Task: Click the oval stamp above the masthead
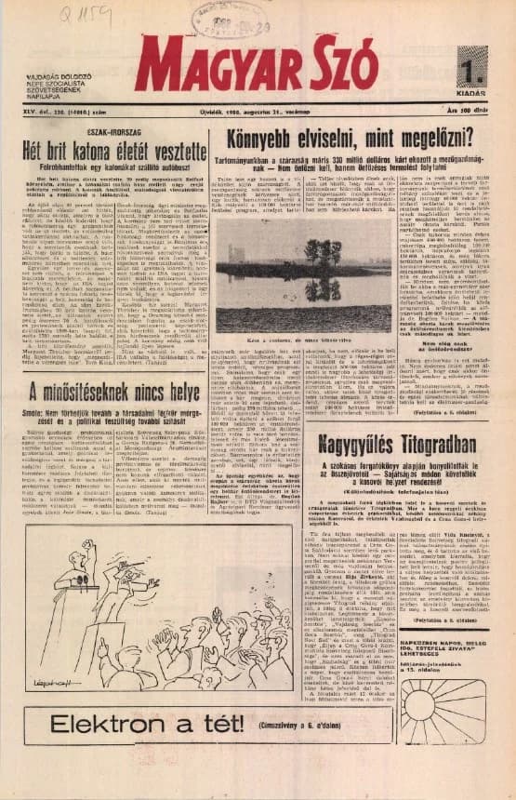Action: pos(226,20)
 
